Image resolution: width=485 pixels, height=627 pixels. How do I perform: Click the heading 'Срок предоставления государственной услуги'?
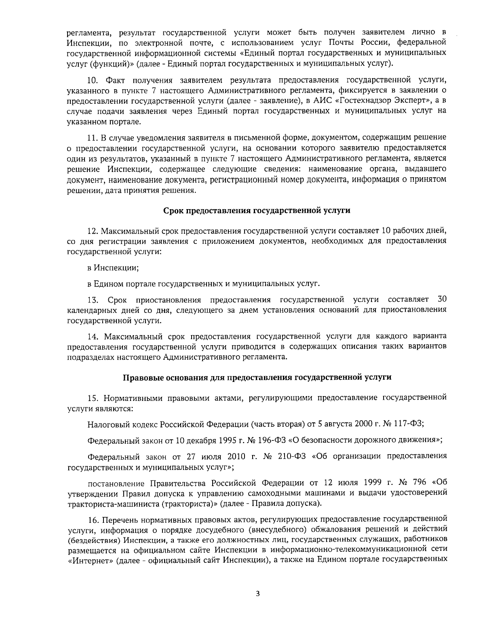pyautogui.click(x=257, y=210)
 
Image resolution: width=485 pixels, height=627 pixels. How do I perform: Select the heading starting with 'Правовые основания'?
pyautogui.click(x=257, y=377)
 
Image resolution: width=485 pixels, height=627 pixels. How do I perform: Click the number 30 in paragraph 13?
pyautogui.click(x=442, y=299)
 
